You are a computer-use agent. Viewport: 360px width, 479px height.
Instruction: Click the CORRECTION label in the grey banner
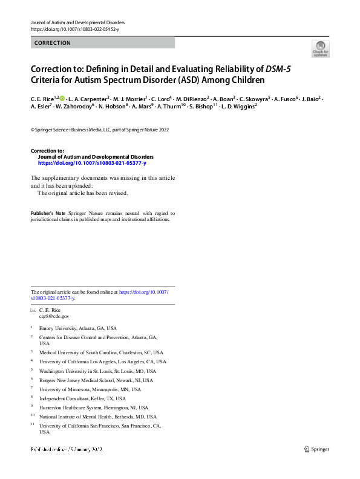click(x=53, y=43)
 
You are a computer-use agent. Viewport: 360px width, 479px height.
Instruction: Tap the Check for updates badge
click(x=321, y=48)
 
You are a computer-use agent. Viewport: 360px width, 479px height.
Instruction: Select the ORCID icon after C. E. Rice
click(x=61, y=97)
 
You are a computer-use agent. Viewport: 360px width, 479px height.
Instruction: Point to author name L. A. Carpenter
click(x=89, y=98)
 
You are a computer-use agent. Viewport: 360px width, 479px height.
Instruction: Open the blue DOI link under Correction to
click(x=92, y=164)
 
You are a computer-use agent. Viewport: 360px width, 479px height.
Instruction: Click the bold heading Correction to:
click(x=47, y=150)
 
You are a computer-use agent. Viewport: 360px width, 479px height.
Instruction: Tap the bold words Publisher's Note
click(x=48, y=213)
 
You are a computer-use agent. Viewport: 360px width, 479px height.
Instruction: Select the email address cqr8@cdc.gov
click(x=54, y=316)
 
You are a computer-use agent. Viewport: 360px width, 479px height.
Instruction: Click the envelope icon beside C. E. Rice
click(x=33, y=310)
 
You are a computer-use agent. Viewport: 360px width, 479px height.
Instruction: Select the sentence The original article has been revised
click(x=83, y=193)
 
